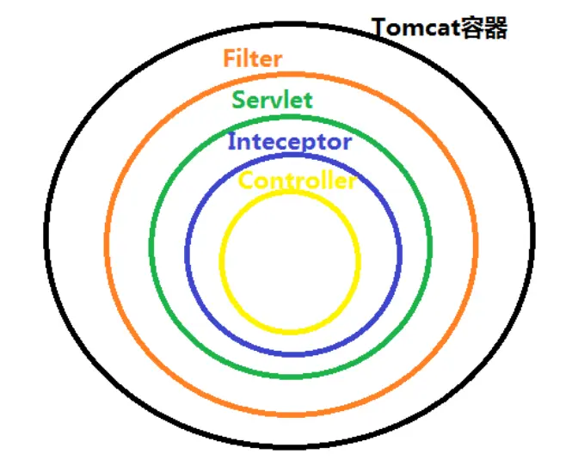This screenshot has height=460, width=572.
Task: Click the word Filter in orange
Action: pyautogui.click(x=252, y=59)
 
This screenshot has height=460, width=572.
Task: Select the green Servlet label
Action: pyautogui.click(x=273, y=100)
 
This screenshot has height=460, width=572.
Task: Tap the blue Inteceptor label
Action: pyautogui.click(x=289, y=142)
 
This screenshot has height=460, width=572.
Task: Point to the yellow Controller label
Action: pyautogui.click(x=297, y=181)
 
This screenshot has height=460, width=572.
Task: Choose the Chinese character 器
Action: pyautogui.click(x=495, y=28)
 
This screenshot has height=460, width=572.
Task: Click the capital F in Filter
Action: pyautogui.click(x=230, y=59)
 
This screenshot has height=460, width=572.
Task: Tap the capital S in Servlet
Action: pyautogui.click(x=238, y=100)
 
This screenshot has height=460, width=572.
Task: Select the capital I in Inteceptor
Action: pyautogui.click(x=231, y=142)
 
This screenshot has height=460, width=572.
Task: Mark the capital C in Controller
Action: pyautogui.click(x=245, y=181)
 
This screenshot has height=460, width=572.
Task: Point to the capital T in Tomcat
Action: pyautogui.click(x=380, y=29)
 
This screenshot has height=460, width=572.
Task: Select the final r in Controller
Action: pyautogui.click(x=351, y=183)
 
